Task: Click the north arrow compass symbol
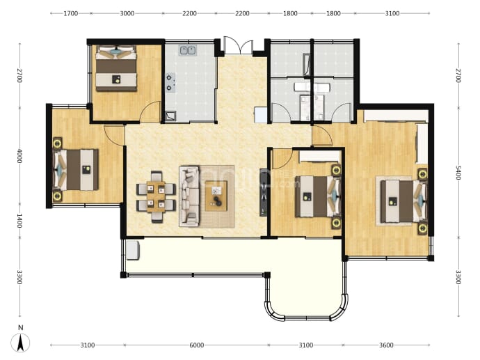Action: pyautogui.click(x=20, y=343)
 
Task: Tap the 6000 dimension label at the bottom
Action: pyautogui.click(x=197, y=345)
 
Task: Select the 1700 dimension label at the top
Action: pyautogui.click(x=71, y=13)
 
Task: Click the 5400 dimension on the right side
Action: pyautogui.click(x=458, y=173)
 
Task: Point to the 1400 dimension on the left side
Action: pyautogui.click(x=19, y=221)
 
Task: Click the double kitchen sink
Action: pyautogui.click(x=188, y=50)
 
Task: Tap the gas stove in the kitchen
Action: pyautogui.click(x=170, y=83)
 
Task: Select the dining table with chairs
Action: pyautogui.click(x=156, y=196)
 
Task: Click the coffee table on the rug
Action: pyautogui.click(x=216, y=196)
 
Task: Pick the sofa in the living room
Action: pyautogui.click(x=189, y=196)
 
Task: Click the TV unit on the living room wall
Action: pyautogui.click(x=264, y=192)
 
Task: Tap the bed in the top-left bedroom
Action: pyautogui.click(x=116, y=68)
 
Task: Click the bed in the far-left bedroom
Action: pyautogui.click(x=76, y=170)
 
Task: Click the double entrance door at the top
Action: pyautogui.click(x=239, y=45)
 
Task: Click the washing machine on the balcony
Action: pyautogui.click(x=133, y=250)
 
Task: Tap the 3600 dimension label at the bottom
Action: pyautogui.click(x=386, y=345)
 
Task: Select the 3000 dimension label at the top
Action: pyautogui.click(x=127, y=13)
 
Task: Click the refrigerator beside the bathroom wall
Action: pyautogui.click(x=261, y=115)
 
